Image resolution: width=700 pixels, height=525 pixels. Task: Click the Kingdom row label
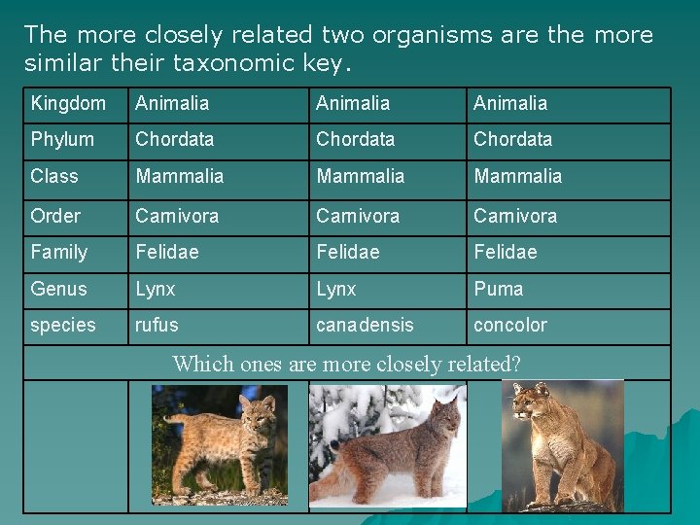coord(68,103)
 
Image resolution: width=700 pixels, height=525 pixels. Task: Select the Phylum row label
coord(62,139)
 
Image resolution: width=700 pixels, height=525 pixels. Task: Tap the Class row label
coord(54,176)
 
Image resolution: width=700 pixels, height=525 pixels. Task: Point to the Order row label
coord(55,216)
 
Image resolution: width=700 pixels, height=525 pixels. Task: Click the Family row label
coord(59,252)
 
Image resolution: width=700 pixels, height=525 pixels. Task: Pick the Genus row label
coord(58,289)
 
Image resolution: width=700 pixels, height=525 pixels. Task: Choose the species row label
coord(63,325)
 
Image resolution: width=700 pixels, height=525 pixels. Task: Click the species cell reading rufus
coord(157,325)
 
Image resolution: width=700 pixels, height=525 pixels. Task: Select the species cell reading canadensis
coord(365,325)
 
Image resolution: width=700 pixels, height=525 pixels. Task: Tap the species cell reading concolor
coord(509,325)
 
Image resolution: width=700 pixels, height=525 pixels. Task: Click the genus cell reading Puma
coord(498,289)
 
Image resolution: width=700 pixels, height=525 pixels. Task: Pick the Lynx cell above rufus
coord(156,289)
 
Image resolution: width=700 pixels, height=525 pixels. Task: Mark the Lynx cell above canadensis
coord(336,289)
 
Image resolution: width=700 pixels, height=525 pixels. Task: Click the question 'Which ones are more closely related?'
coord(346,364)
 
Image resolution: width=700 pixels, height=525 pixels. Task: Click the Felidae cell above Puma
coord(505,252)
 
